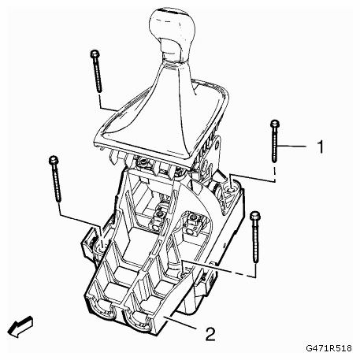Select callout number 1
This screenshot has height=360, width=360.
[x=320, y=147]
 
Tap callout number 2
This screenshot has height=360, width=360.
[x=210, y=334]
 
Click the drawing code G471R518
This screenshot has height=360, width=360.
[x=328, y=348]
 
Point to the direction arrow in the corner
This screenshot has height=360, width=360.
[x=20, y=326]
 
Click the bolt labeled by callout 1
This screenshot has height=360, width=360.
[x=275, y=141]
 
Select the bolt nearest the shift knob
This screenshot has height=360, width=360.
[x=96, y=71]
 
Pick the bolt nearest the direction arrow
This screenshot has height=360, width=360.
[x=55, y=179]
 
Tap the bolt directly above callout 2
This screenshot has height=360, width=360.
[x=255, y=237]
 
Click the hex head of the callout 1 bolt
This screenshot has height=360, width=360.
[x=275, y=124]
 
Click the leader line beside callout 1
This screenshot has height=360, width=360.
[x=292, y=146]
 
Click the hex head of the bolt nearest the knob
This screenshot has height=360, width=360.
[x=95, y=54]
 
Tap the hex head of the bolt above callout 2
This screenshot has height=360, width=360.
[x=255, y=215]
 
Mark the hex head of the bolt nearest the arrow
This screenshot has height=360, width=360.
[x=54, y=160]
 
